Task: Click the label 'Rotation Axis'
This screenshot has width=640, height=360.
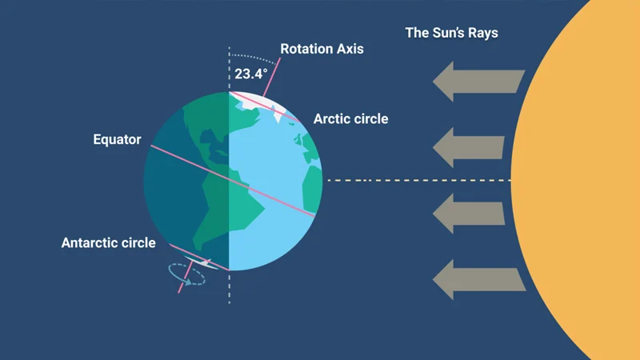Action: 322,49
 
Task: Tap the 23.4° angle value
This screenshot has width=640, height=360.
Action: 251,74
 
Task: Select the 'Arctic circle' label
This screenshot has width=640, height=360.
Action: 350,118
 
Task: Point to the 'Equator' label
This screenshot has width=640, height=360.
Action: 117,139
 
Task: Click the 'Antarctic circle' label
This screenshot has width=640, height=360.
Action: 109,243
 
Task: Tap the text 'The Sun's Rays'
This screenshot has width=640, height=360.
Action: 451,33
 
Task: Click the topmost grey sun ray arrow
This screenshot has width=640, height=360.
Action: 478,82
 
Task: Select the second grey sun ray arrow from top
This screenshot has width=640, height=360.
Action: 469,147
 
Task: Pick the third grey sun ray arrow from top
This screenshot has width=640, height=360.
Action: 469,214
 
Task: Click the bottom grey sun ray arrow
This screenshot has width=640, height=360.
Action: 479,279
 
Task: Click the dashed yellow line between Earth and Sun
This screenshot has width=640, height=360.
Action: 419,180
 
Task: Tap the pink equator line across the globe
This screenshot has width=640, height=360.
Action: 233,181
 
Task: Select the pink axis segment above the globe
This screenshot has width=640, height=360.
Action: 272,77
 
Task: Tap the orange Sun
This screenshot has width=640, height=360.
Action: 575,180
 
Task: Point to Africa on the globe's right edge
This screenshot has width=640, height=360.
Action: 313,188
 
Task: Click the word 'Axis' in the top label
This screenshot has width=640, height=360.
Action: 350,49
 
